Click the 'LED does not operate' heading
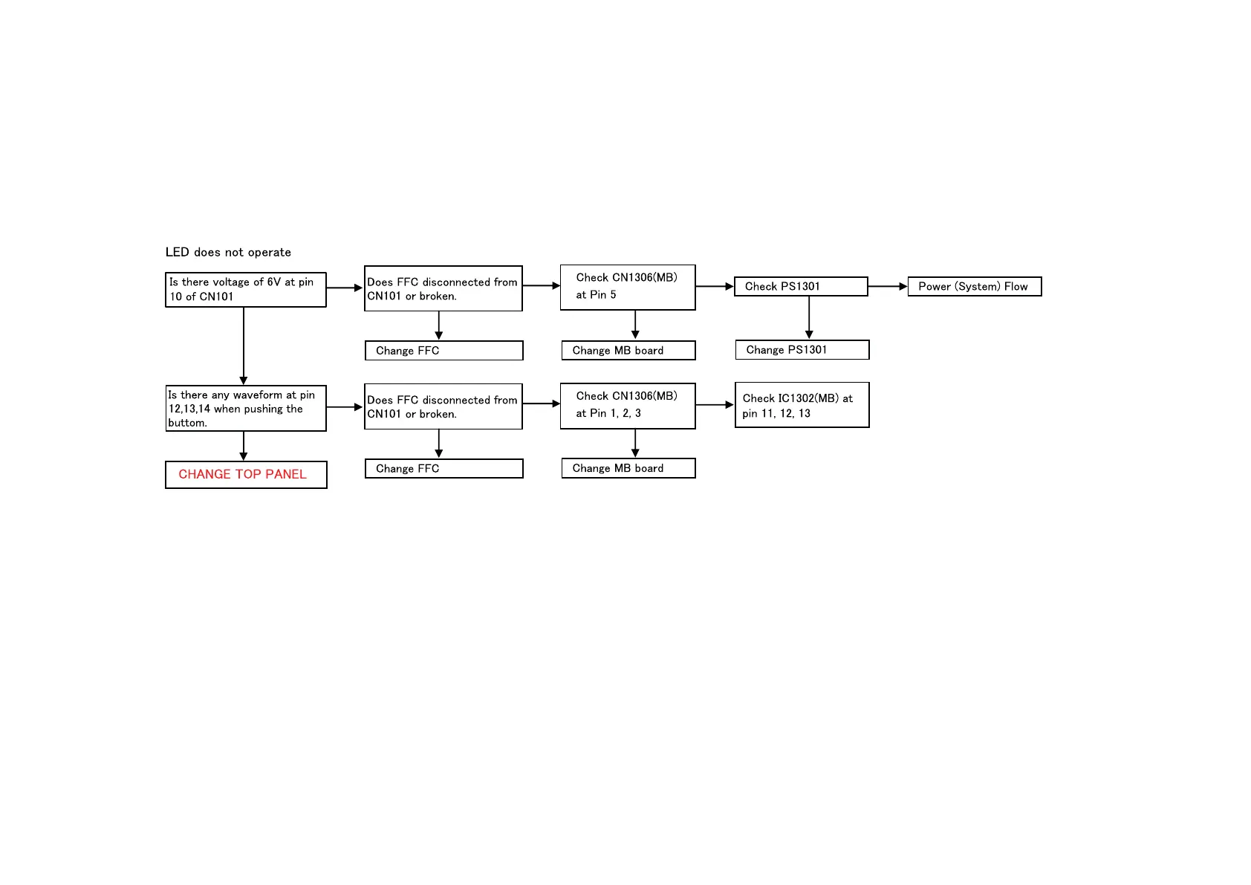[x=228, y=253]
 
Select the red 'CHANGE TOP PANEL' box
[x=246, y=475]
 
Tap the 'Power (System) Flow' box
[x=974, y=287]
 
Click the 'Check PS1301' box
[x=800, y=287]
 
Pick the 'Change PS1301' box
[x=802, y=350]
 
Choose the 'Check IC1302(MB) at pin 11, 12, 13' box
[x=802, y=405]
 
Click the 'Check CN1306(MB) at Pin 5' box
[x=627, y=287]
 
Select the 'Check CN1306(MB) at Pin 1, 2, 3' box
[x=627, y=406]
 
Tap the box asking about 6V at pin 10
[x=245, y=289]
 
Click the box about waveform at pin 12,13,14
[x=245, y=408]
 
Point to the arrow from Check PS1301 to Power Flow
[x=887, y=286]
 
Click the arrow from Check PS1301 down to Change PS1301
[x=809, y=317]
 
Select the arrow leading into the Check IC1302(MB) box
[x=715, y=405]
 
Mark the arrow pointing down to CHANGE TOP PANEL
[x=244, y=446]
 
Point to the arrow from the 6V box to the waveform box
[x=244, y=346]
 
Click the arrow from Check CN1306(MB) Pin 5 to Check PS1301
[x=715, y=286]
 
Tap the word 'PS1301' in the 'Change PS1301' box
[x=807, y=350]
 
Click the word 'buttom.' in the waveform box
[x=187, y=423]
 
